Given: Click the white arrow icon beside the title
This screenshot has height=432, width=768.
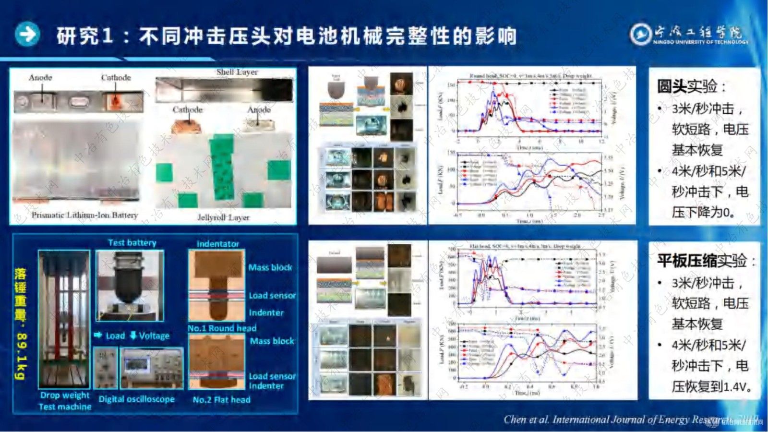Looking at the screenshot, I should coord(27,35).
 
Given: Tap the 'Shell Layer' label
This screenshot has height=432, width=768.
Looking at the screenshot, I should coord(237,72).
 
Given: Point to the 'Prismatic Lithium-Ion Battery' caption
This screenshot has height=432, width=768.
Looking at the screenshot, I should coord(84,215).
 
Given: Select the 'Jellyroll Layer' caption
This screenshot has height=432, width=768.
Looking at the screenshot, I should coord(224,217).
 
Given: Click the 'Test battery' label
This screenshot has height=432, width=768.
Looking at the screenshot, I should coord(132,243).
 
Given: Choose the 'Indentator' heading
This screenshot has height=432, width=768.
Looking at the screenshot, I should coord(217,244).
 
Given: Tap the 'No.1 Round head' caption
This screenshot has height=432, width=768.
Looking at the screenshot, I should coord(222,328).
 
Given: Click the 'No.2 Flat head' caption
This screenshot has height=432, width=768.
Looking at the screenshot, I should coord(221,399).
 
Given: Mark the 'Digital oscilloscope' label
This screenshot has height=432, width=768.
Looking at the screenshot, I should coord(136,399).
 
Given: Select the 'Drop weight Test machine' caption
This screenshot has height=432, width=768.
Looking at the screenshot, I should coord(65,401).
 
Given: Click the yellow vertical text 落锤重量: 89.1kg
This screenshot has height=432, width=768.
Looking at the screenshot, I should coord(20,324).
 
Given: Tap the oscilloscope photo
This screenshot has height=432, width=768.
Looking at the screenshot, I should coord(151,368).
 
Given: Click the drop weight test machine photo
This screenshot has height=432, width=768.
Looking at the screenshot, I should coord(64,319).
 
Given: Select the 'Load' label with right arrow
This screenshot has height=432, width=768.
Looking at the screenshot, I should coord(110,336).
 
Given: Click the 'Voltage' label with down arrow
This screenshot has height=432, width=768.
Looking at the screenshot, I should coord(150,336).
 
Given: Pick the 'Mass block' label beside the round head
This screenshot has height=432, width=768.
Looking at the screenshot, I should coord(270,267).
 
